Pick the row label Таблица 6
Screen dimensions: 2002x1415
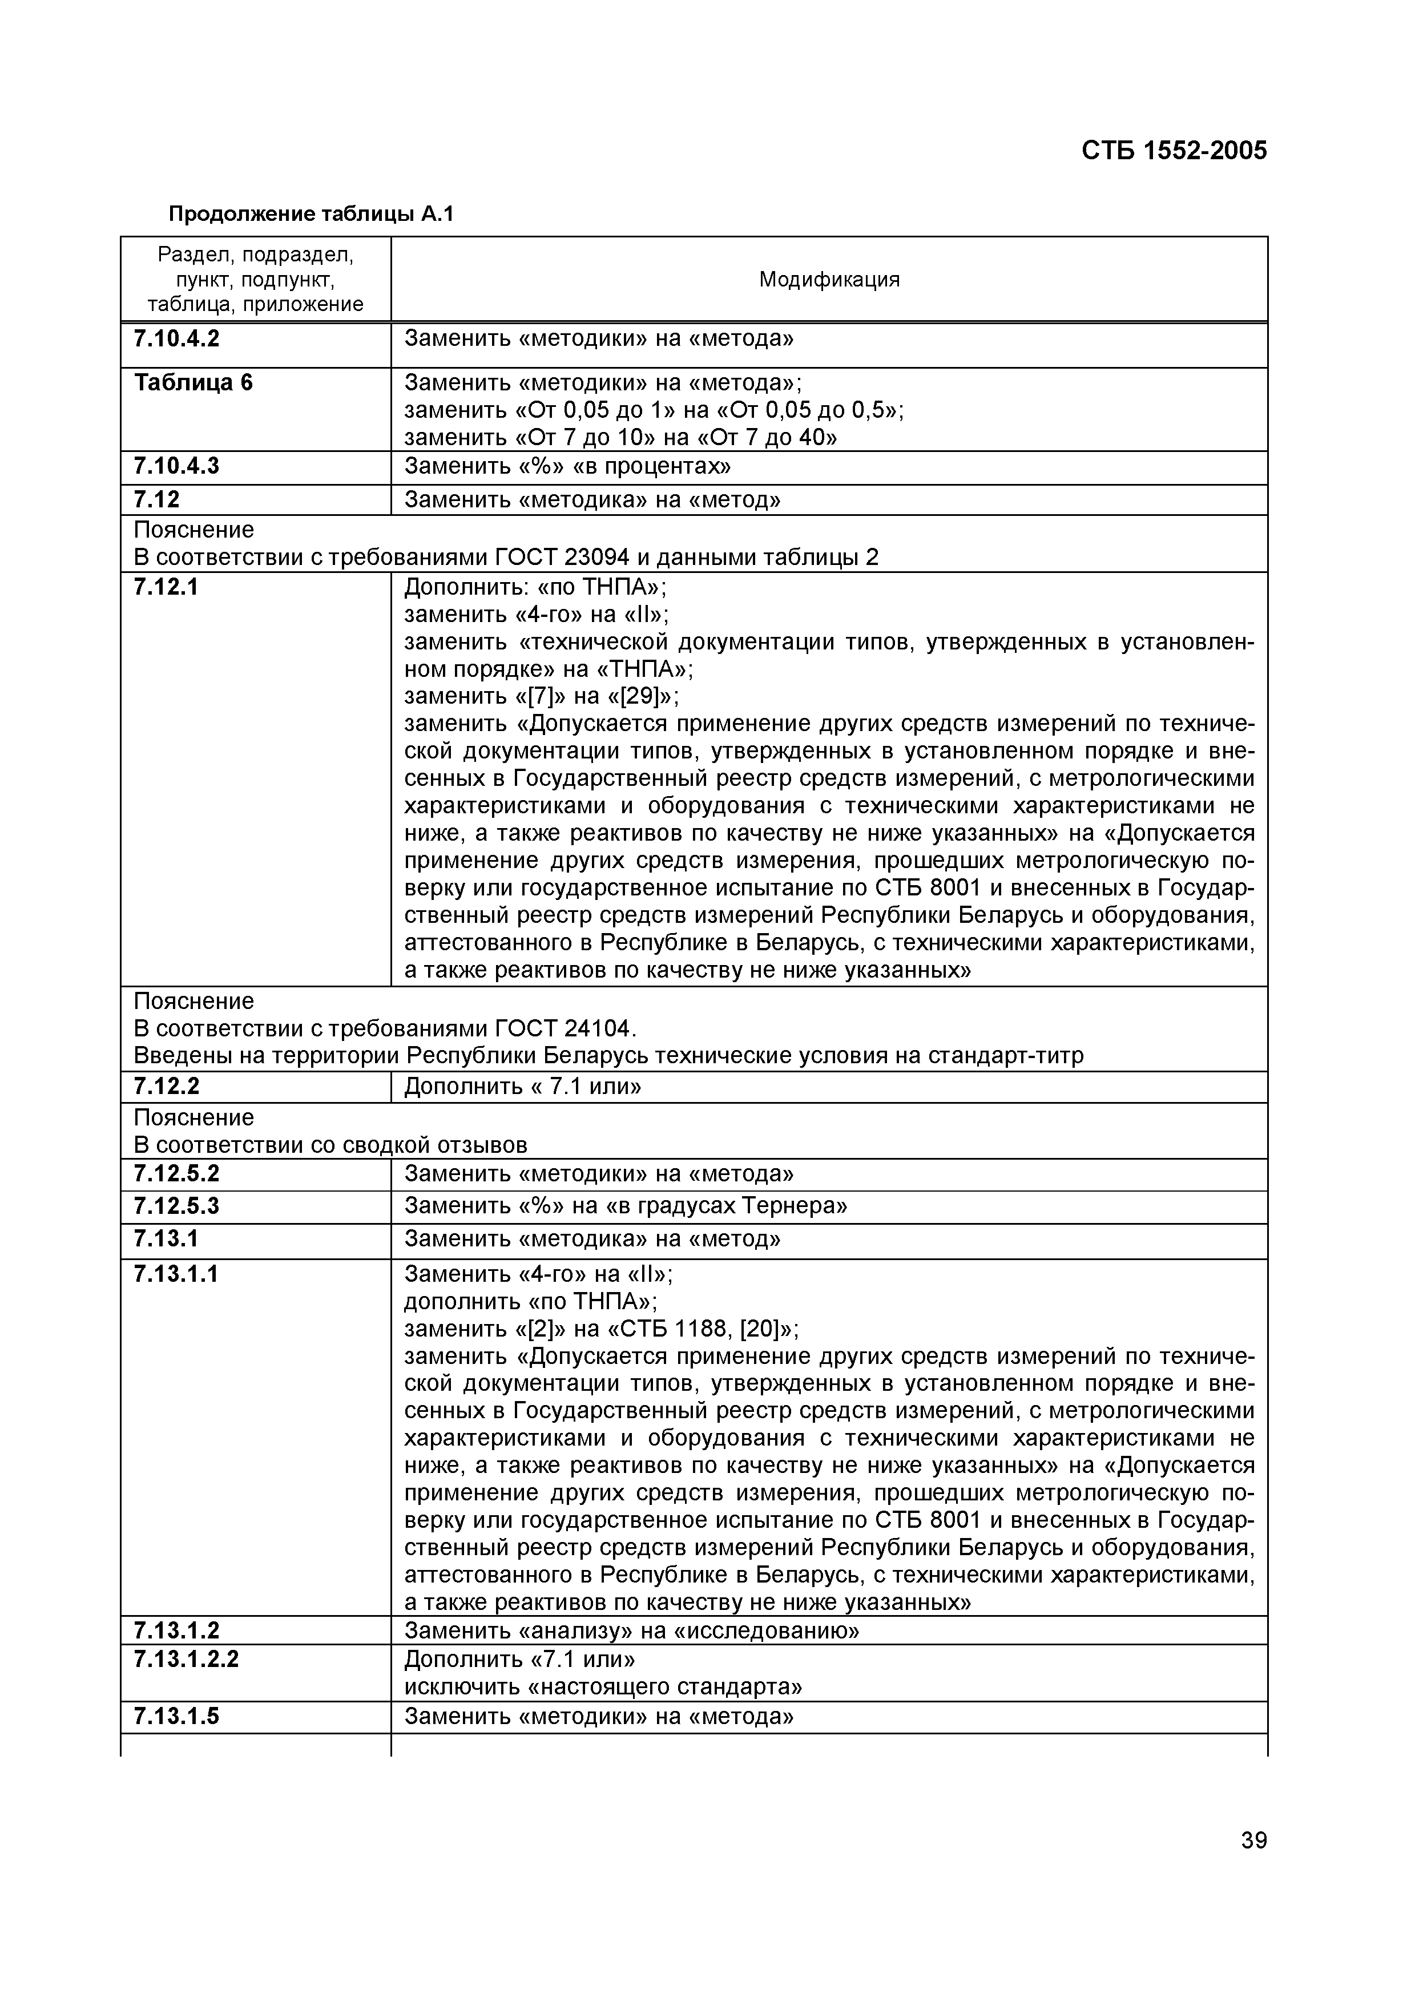click(193, 383)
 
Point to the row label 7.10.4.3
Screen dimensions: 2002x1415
click(176, 466)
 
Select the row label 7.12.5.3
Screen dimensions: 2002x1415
click(176, 1206)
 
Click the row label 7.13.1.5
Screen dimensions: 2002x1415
click(176, 1716)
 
